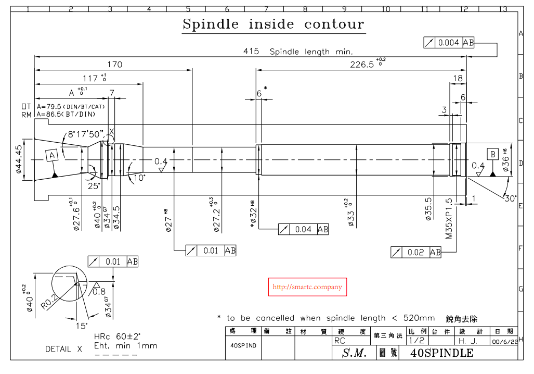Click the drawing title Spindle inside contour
pyautogui.click(x=273, y=24)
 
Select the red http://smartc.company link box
pyautogui.click(x=307, y=287)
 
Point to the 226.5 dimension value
pyautogui.click(x=362, y=64)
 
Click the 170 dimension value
pyautogui.click(x=114, y=65)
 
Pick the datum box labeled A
pyautogui.click(x=51, y=155)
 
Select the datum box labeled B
pyautogui.click(x=492, y=154)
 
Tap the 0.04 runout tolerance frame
pyautogui.click(x=303, y=229)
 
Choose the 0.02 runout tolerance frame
pyautogui.click(x=415, y=253)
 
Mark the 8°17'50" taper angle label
pyautogui.click(x=86, y=134)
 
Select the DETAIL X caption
pyautogui.click(x=63, y=349)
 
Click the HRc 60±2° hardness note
pyautogui.click(x=118, y=336)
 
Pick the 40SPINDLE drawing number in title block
pyautogui.click(x=441, y=353)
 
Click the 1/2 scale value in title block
pyautogui.click(x=416, y=340)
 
